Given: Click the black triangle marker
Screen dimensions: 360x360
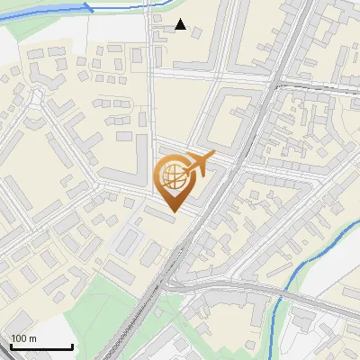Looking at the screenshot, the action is tap(181, 24).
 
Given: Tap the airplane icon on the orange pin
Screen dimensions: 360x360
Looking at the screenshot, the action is tap(200, 163).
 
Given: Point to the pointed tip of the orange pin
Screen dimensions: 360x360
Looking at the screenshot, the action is tap(175, 211).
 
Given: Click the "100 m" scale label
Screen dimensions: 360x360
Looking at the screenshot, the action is tap(23, 338).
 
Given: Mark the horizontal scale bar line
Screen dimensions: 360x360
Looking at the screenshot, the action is tap(40, 346).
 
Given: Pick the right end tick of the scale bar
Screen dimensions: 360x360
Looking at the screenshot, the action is tap(72, 345).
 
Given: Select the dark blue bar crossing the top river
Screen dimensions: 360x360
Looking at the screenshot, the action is tap(88, 7).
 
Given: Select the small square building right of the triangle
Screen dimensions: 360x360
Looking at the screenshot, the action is tap(196, 33).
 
